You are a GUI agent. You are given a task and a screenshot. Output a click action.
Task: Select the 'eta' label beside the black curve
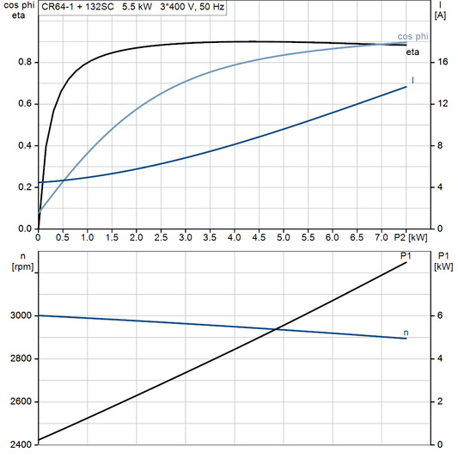pos(412,52)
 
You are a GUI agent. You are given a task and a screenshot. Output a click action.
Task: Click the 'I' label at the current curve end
pos(413,80)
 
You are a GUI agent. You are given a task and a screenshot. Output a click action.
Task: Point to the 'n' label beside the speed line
pos(406,332)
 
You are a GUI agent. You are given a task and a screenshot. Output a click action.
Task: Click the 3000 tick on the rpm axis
pos(19,316)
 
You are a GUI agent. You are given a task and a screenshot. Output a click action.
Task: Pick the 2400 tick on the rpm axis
pos(19,445)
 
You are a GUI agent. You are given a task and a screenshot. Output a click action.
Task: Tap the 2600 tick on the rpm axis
pos(19,402)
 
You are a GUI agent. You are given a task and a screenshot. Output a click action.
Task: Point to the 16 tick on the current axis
pos(441,63)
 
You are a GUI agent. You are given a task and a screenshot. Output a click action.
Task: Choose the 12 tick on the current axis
pos(441,104)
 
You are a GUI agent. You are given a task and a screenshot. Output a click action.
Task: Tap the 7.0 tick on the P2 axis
pos(382,237)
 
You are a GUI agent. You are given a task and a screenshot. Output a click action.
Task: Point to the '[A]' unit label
pos(440,15)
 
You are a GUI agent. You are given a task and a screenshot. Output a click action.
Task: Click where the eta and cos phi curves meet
pos(397,43)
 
